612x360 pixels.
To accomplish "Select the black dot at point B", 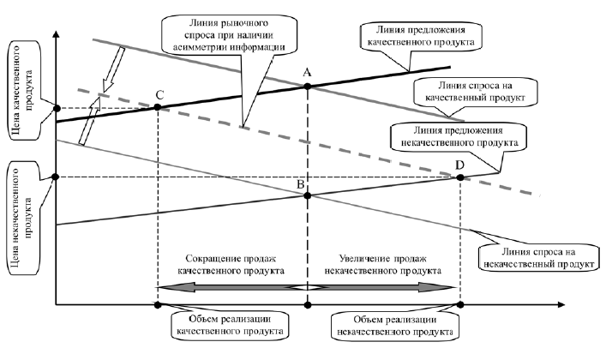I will [307, 196].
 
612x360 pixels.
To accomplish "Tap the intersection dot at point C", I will [158, 107].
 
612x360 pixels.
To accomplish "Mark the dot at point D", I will [460, 177].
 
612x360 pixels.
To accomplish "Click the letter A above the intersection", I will [307, 73].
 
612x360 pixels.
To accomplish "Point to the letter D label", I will [460, 164].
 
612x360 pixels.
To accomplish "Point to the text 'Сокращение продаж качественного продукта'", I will [230, 263].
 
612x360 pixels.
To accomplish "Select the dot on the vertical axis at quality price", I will [56, 109].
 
